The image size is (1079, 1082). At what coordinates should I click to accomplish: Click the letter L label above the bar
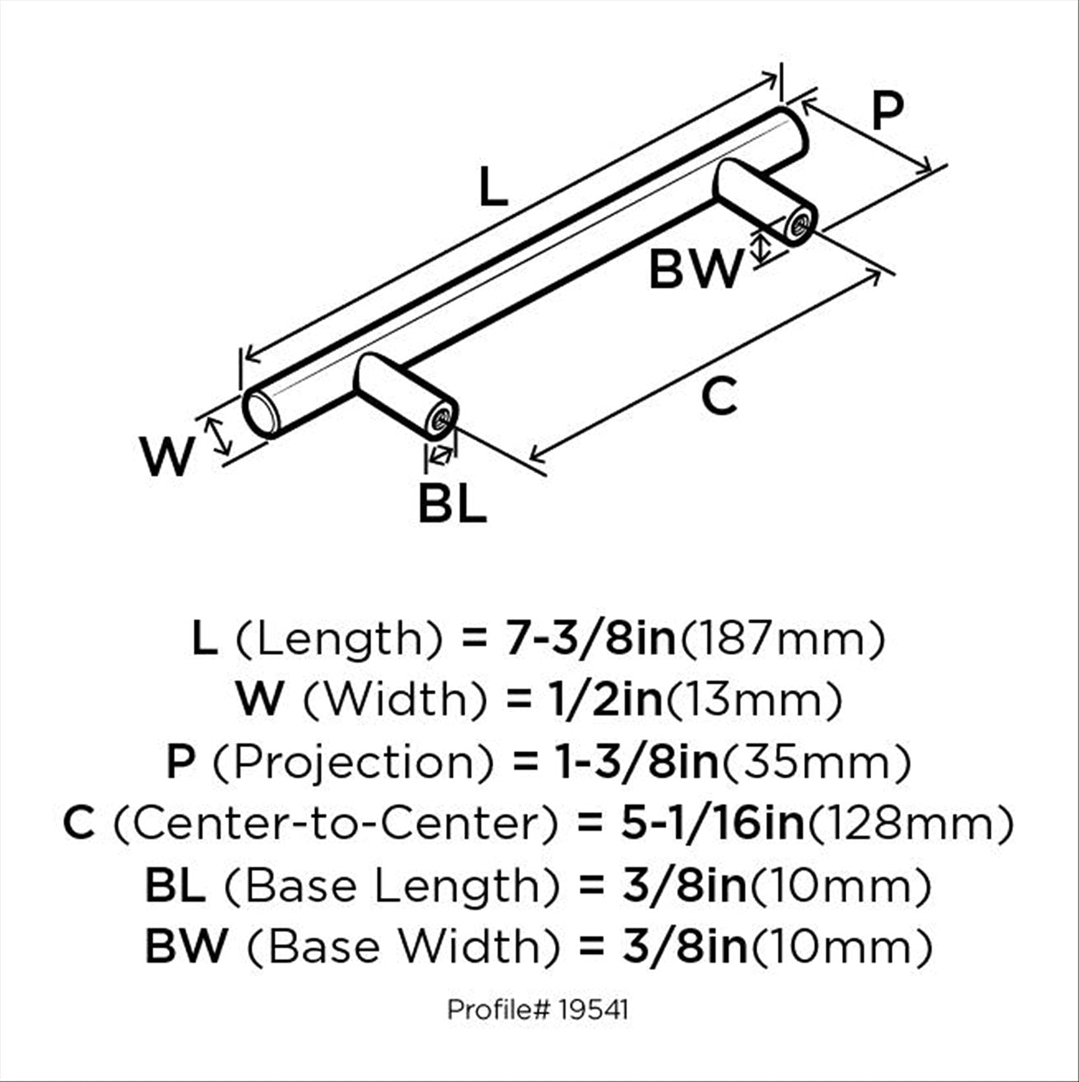click(493, 187)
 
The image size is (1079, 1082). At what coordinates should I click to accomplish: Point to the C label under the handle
click(719, 396)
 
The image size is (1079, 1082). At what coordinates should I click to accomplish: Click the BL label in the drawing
click(453, 504)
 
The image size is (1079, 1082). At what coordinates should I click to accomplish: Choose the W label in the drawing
click(168, 457)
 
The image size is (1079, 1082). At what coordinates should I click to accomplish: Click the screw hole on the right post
click(800, 226)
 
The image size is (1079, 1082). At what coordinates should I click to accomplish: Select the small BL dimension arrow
click(440, 455)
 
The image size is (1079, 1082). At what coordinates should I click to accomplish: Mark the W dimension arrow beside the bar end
click(219, 436)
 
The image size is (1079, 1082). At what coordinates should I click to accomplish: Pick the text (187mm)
click(781, 639)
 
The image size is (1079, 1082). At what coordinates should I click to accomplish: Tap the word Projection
click(353, 762)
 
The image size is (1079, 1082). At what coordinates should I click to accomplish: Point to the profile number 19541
click(592, 1010)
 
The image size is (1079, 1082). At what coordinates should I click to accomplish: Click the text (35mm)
click(817, 762)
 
